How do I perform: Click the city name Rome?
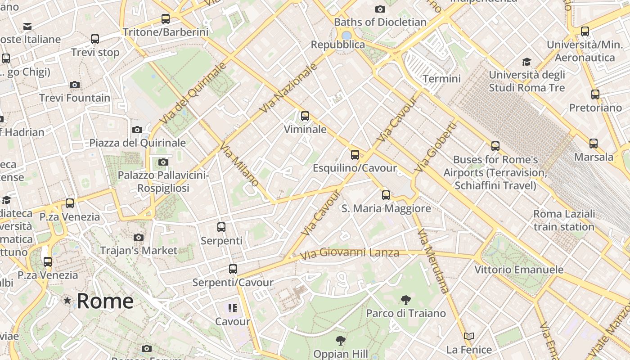(x=105, y=301)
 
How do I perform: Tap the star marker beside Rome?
(x=67, y=300)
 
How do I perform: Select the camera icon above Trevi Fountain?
(x=75, y=85)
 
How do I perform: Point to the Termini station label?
(x=441, y=79)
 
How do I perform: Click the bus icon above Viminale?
(x=305, y=116)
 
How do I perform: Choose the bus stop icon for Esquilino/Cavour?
(x=355, y=155)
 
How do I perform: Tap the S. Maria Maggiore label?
(x=386, y=208)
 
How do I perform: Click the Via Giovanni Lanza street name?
(x=349, y=253)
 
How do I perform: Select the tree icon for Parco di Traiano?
(x=405, y=300)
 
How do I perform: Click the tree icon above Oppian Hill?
(x=341, y=340)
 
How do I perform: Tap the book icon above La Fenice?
(x=469, y=336)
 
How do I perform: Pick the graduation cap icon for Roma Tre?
(x=526, y=62)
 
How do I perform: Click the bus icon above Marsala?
(x=594, y=144)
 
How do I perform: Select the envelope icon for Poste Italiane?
(x=27, y=26)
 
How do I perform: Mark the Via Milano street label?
(x=239, y=164)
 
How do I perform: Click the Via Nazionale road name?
(x=289, y=88)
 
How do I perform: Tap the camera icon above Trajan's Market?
(x=139, y=237)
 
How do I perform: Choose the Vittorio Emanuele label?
(x=519, y=270)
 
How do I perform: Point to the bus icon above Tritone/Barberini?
(x=166, y=19)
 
